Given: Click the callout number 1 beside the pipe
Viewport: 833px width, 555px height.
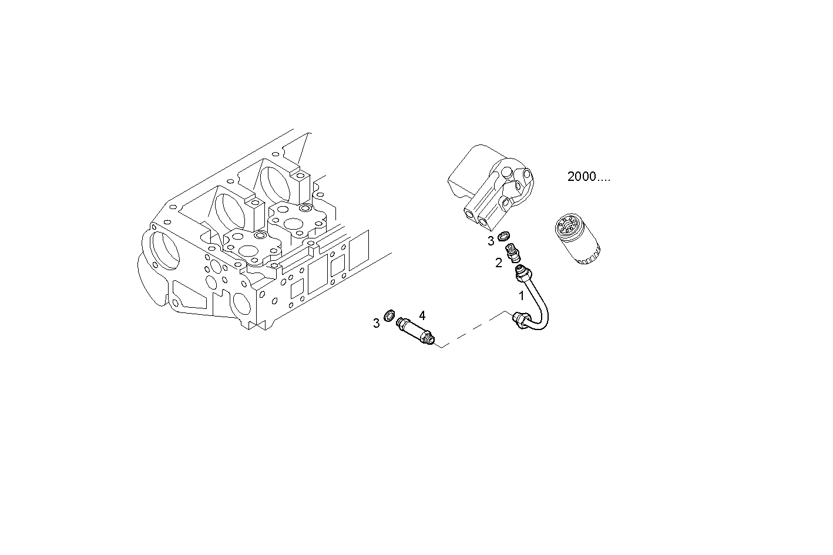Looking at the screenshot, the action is pos(521,296).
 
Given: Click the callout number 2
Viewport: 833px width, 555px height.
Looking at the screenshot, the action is pos(498,263).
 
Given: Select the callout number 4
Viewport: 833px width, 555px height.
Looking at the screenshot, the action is pos(422,315).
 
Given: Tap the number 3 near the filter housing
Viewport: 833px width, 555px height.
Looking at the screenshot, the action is pos(491,241).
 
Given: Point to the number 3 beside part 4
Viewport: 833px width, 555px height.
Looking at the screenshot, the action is pos(376,323).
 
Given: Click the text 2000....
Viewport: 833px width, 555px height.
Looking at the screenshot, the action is pos(588,177).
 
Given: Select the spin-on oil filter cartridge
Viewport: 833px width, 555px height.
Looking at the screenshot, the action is pos(577,240).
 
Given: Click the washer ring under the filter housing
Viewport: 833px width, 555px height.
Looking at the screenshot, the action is pos(503,237).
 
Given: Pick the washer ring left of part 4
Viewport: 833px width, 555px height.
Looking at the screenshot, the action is pos(389,316).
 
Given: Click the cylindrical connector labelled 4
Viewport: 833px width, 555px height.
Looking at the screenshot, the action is pos(416,331).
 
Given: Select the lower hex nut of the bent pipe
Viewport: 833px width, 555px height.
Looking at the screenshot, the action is pos(520,318).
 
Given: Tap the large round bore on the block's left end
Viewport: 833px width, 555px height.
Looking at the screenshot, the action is pos(164,253).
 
